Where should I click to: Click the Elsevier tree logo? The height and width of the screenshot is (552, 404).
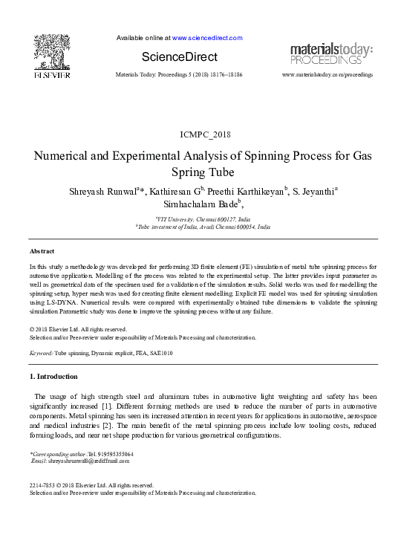(51, 53)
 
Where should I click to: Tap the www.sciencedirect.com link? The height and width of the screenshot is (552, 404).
(207, 37)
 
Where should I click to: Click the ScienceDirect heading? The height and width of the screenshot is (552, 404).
(180, 57)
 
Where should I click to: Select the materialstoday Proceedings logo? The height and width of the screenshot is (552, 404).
(331, 53)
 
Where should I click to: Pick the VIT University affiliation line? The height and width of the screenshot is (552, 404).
(203, 219)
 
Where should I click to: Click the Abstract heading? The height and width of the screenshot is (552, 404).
(42, 252)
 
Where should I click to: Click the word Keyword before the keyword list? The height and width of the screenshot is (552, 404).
(41, 354)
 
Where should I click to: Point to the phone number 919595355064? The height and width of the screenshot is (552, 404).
(111, 453)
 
